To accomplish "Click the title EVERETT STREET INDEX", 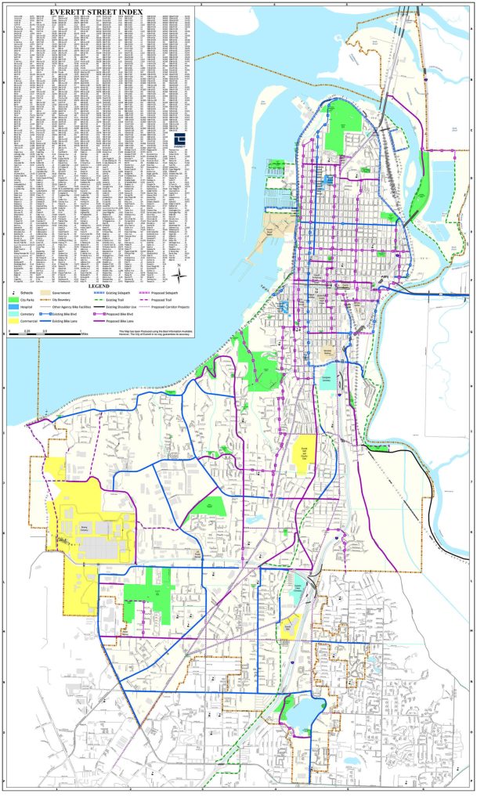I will [x=97, y=12].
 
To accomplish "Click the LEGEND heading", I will [x=97, y=286].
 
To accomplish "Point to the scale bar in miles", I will [x=47, y=334].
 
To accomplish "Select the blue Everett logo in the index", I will [x=179, y=139].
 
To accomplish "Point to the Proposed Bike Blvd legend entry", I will [x=117, y=313].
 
